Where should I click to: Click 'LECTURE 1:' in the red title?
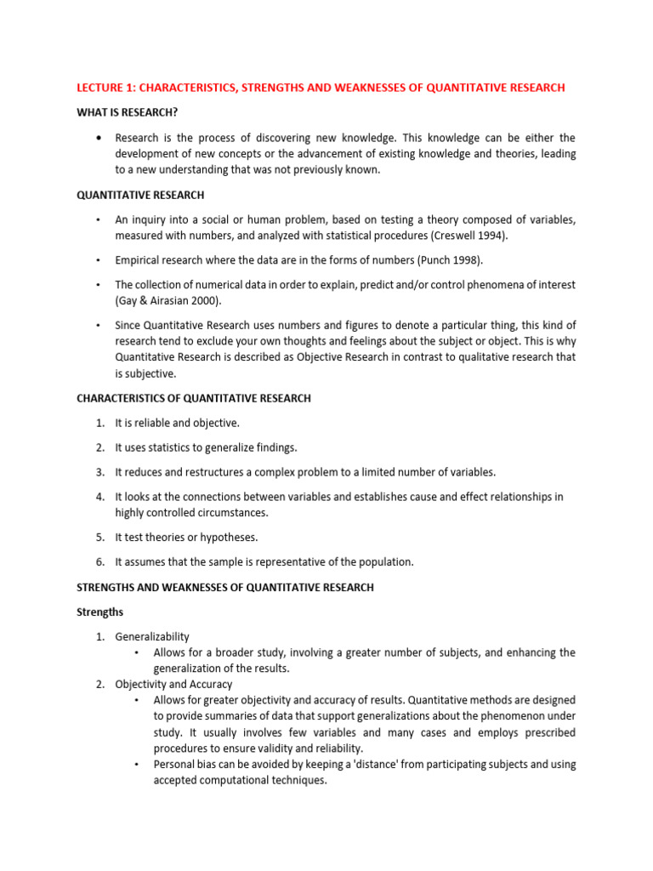[x=105, y=88]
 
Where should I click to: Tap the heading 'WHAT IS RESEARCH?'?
[x=128, y=113]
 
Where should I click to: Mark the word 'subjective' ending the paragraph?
[x=148, y=373]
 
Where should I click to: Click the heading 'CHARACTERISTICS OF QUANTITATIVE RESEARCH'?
[x=194, y=398]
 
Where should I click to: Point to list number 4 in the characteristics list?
[x=99, y=496]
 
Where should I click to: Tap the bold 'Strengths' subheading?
[x=100, y=612]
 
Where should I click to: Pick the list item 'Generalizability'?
[x=152, y=636]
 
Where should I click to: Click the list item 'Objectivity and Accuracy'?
[x=173, y=684]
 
